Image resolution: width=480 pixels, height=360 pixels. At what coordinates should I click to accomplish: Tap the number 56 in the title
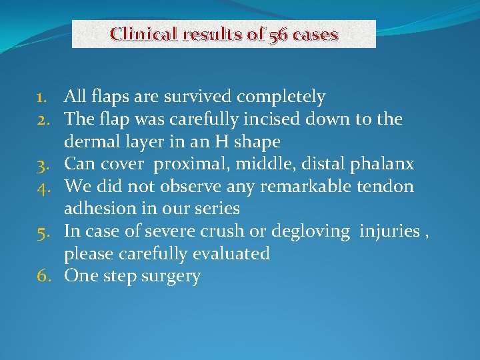[x=278, y=34]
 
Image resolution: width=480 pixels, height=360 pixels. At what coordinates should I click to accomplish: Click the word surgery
[x=171, y=277]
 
